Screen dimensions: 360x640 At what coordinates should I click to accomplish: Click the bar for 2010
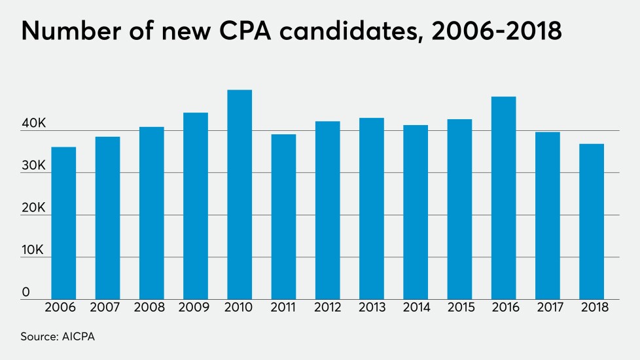point(240,194)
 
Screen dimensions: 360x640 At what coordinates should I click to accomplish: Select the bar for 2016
point(503,198)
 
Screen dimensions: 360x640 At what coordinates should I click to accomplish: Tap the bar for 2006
point(63,223)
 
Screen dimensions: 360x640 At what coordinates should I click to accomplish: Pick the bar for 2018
point(592,221)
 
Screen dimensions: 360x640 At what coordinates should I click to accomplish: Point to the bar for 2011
point(283,217)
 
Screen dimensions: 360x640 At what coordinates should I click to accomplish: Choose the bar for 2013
point(371,209)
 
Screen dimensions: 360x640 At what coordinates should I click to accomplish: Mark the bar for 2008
point(151,213)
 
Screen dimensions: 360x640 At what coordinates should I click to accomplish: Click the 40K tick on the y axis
point(35,124)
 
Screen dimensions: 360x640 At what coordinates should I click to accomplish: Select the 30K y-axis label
point(35,166)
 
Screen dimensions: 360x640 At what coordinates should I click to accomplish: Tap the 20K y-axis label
point(35,209)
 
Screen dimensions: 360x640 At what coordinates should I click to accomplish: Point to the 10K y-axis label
point(35,251)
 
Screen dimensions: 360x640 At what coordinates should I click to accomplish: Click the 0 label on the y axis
point(26,293)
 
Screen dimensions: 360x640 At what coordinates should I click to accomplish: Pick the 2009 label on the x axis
point(195,307)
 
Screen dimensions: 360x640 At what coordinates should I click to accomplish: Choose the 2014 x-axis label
point(415,307)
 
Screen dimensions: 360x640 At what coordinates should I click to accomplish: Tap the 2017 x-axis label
point(548,307)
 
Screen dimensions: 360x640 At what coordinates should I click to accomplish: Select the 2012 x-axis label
point(327,307)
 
